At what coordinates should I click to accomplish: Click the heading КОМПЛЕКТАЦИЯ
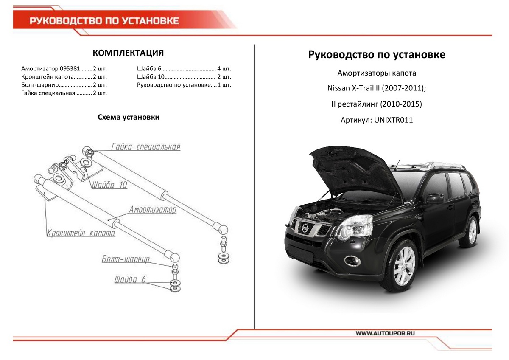tap(128, 53)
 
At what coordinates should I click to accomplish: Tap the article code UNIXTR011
tap(393, 120)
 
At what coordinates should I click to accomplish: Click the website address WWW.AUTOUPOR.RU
tap(385, 334)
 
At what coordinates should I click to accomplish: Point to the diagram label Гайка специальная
tap(146, 147)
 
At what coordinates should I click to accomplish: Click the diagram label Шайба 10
tap(109, 185)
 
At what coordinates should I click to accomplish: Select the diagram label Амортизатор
tap(153, 210)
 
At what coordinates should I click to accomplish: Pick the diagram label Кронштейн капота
tap(81, 233)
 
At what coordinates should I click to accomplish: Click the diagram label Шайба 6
tap(130, 279)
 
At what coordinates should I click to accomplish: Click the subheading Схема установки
tap(129, 117)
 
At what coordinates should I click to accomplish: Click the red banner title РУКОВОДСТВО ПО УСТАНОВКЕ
tap(104, 21)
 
